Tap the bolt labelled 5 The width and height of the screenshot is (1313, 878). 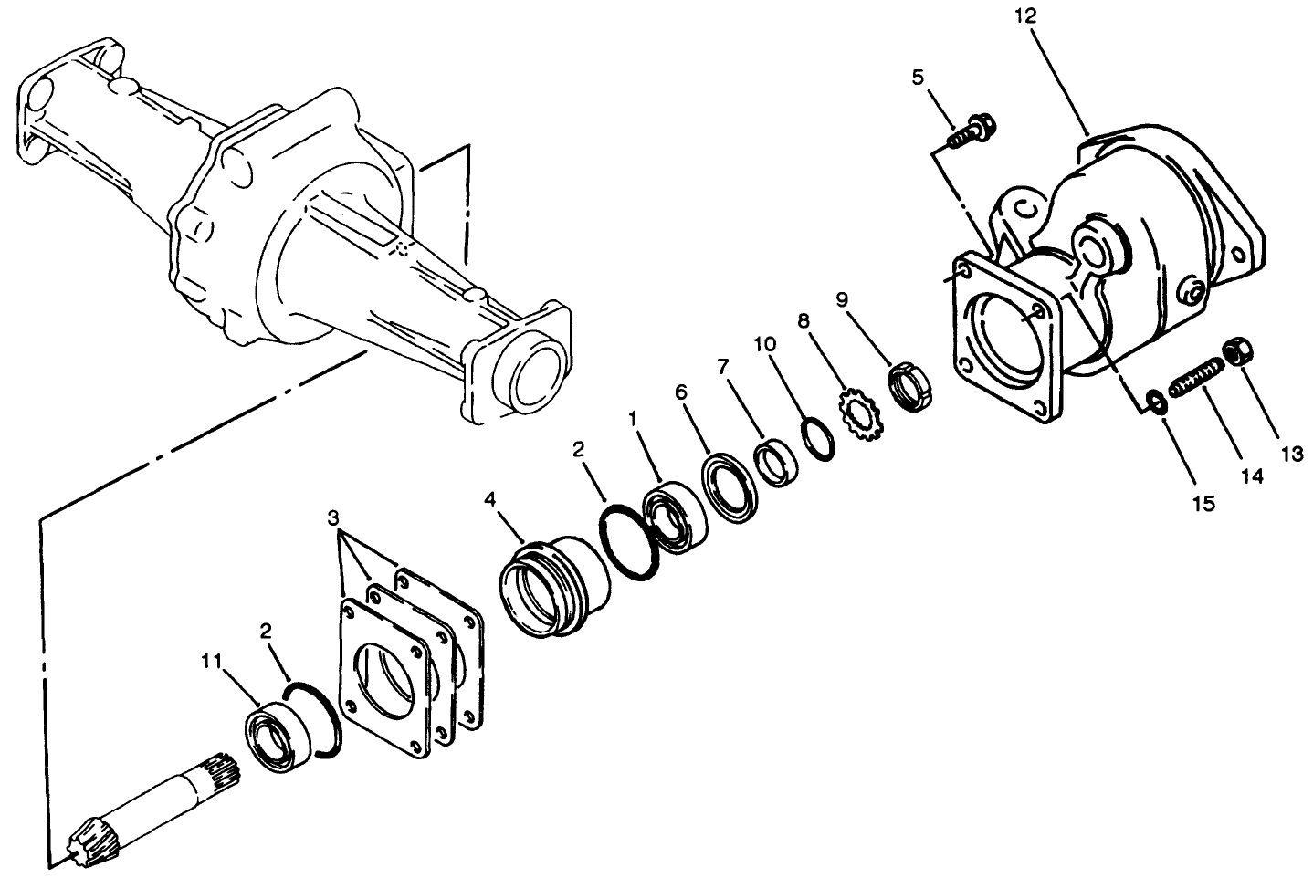(x=971, y=132)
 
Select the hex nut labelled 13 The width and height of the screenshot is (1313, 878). (x=1242, y=350)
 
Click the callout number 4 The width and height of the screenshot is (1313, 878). (x=490, y=501)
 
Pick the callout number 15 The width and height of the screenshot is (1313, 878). (x=1203, y=502)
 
